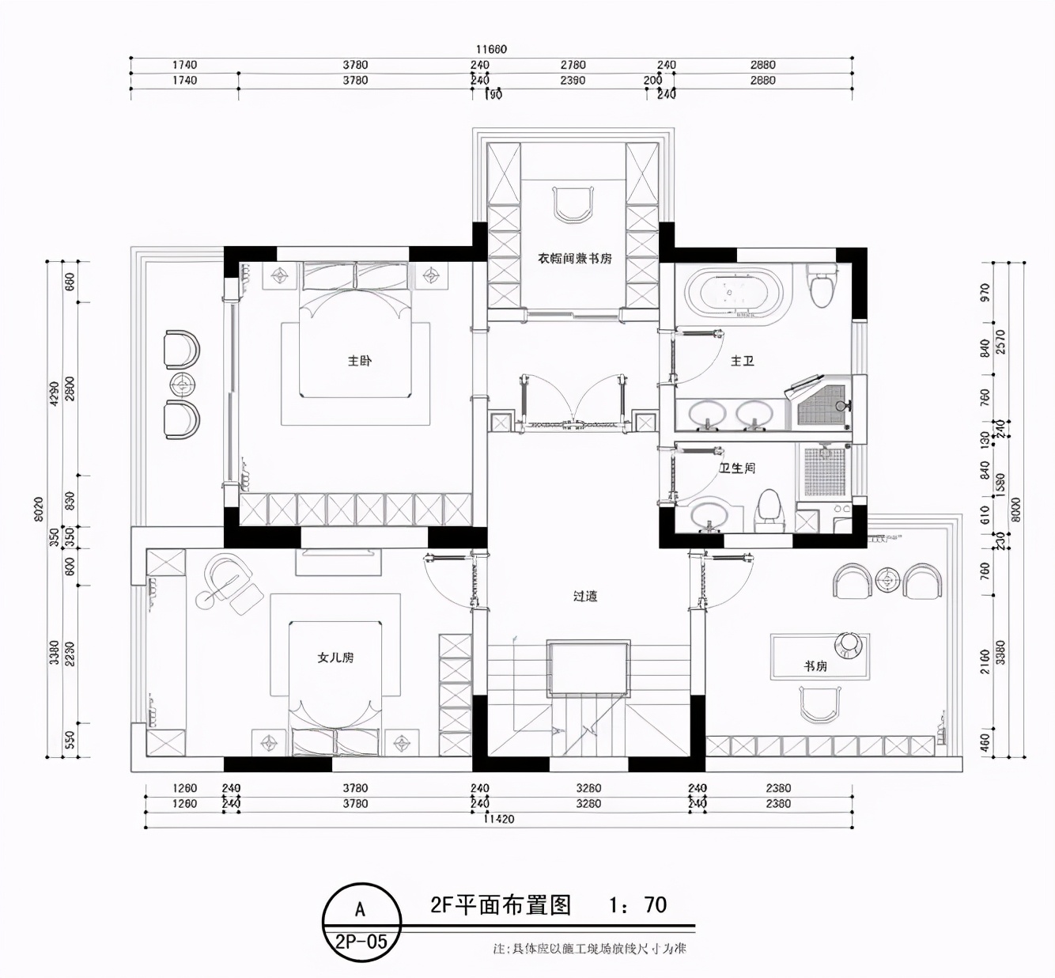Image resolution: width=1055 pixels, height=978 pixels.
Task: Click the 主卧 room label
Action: [x=359, y=361]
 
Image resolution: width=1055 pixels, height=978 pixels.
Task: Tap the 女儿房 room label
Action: [x=335, y=658]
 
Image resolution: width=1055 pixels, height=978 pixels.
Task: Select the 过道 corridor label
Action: [x=584, y=596]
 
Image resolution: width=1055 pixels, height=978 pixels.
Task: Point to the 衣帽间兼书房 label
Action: [x=574, y=259]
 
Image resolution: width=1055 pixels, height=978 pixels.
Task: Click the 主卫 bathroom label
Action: [x=742, y=361]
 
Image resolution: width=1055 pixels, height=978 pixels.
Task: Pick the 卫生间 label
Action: [x=736, y=468]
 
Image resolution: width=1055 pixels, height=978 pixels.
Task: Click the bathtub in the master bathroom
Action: [x=735, y=294]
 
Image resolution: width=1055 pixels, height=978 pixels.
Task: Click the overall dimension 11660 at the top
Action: [x=491, y=49]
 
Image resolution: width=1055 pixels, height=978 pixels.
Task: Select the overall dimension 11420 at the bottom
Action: [x=498, y=819]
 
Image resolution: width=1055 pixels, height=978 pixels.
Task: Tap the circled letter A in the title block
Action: [x=360, y=909]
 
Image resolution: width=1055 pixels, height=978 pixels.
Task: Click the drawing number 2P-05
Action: [x=361, y=941]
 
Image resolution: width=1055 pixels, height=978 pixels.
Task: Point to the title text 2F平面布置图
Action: [x=500, y=904]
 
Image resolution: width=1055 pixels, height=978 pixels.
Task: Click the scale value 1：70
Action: [x=637, y=904]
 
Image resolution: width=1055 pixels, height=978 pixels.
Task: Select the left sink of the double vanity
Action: [x=707, y=415]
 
